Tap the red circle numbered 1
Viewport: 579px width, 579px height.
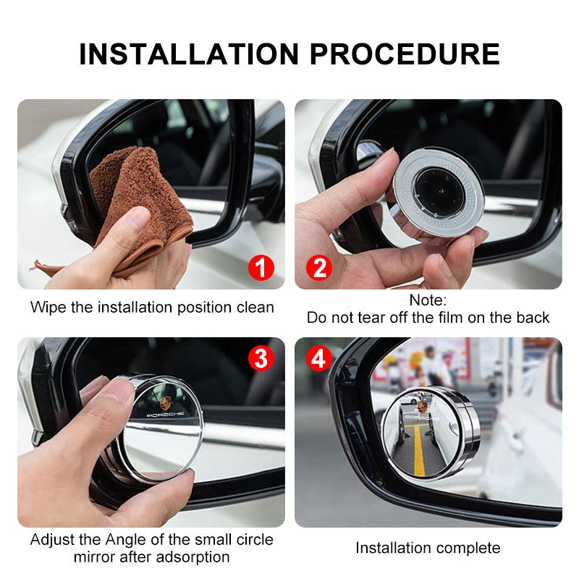(261, 269)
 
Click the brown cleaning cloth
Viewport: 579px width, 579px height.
(138, 203)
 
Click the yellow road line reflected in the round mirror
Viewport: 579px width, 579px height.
(419, 449)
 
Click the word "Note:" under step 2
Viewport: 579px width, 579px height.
(428, 300)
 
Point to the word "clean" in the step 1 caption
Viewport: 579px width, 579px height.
(255, 307)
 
